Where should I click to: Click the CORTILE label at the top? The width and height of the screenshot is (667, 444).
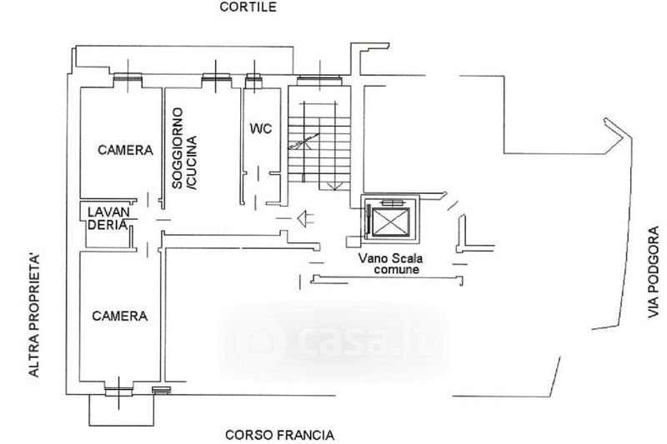pyautogui.click(x=248, y=7)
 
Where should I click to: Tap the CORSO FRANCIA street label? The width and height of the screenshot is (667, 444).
pyautogui.click(x=280, y=434)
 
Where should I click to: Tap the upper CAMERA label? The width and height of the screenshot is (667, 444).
pyautogui.click(x=126, y=151)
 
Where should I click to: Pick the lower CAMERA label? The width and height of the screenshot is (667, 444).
pyautogui.click(x=120, y=317)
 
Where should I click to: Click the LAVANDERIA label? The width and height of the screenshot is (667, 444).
pyautogui.click(x=108, y=218)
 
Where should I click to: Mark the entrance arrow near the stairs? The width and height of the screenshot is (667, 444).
pyautogui.click(x=306, y=217)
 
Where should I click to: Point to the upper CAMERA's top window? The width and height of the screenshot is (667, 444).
pyautogui.click(x=128, y=80)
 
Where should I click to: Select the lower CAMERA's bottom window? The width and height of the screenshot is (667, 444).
pyautogui.click(x=119, y=386)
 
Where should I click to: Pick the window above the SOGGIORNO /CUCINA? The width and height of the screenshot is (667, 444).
pyautogui.click(x=215, y=80)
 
